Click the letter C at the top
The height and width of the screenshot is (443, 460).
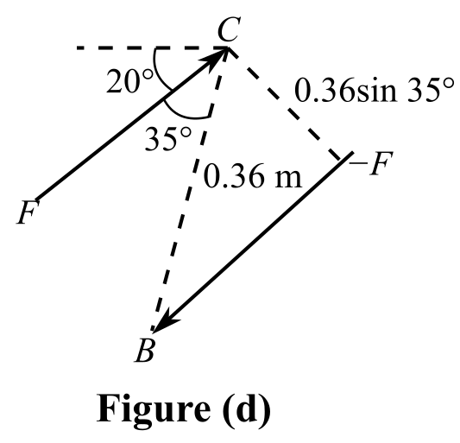click(230, 28)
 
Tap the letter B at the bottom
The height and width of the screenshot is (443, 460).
click(144, 351)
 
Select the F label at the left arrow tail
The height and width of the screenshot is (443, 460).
click(28, 212)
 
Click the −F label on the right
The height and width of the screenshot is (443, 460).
click(370, 163)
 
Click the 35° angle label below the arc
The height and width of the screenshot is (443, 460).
click(168, 138)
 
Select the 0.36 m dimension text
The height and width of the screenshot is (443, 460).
click(253, 175)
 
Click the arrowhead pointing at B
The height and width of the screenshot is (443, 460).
click(166, 321)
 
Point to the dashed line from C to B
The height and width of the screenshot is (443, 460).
click(190, 189)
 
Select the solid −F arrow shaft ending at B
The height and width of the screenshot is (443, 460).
click(252, 242)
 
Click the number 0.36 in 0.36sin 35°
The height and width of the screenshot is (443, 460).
click(325, 90)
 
